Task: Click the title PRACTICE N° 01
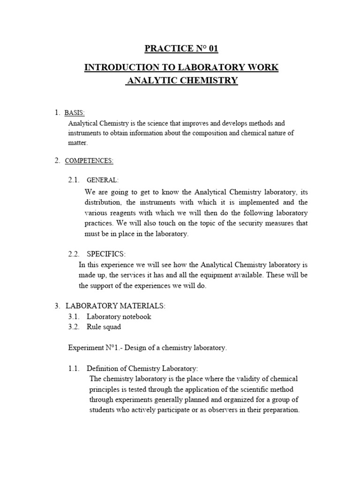(x=181, y=49)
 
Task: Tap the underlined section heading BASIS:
(x=74, y=112)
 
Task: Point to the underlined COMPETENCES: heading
(x=89, y=161)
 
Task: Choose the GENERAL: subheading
(x=103, y=180)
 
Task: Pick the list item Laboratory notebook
(x=119, y=316)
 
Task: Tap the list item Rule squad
(x=103, y=327)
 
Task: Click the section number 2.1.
(x=75, y=180)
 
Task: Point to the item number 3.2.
(x=75, y=327)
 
